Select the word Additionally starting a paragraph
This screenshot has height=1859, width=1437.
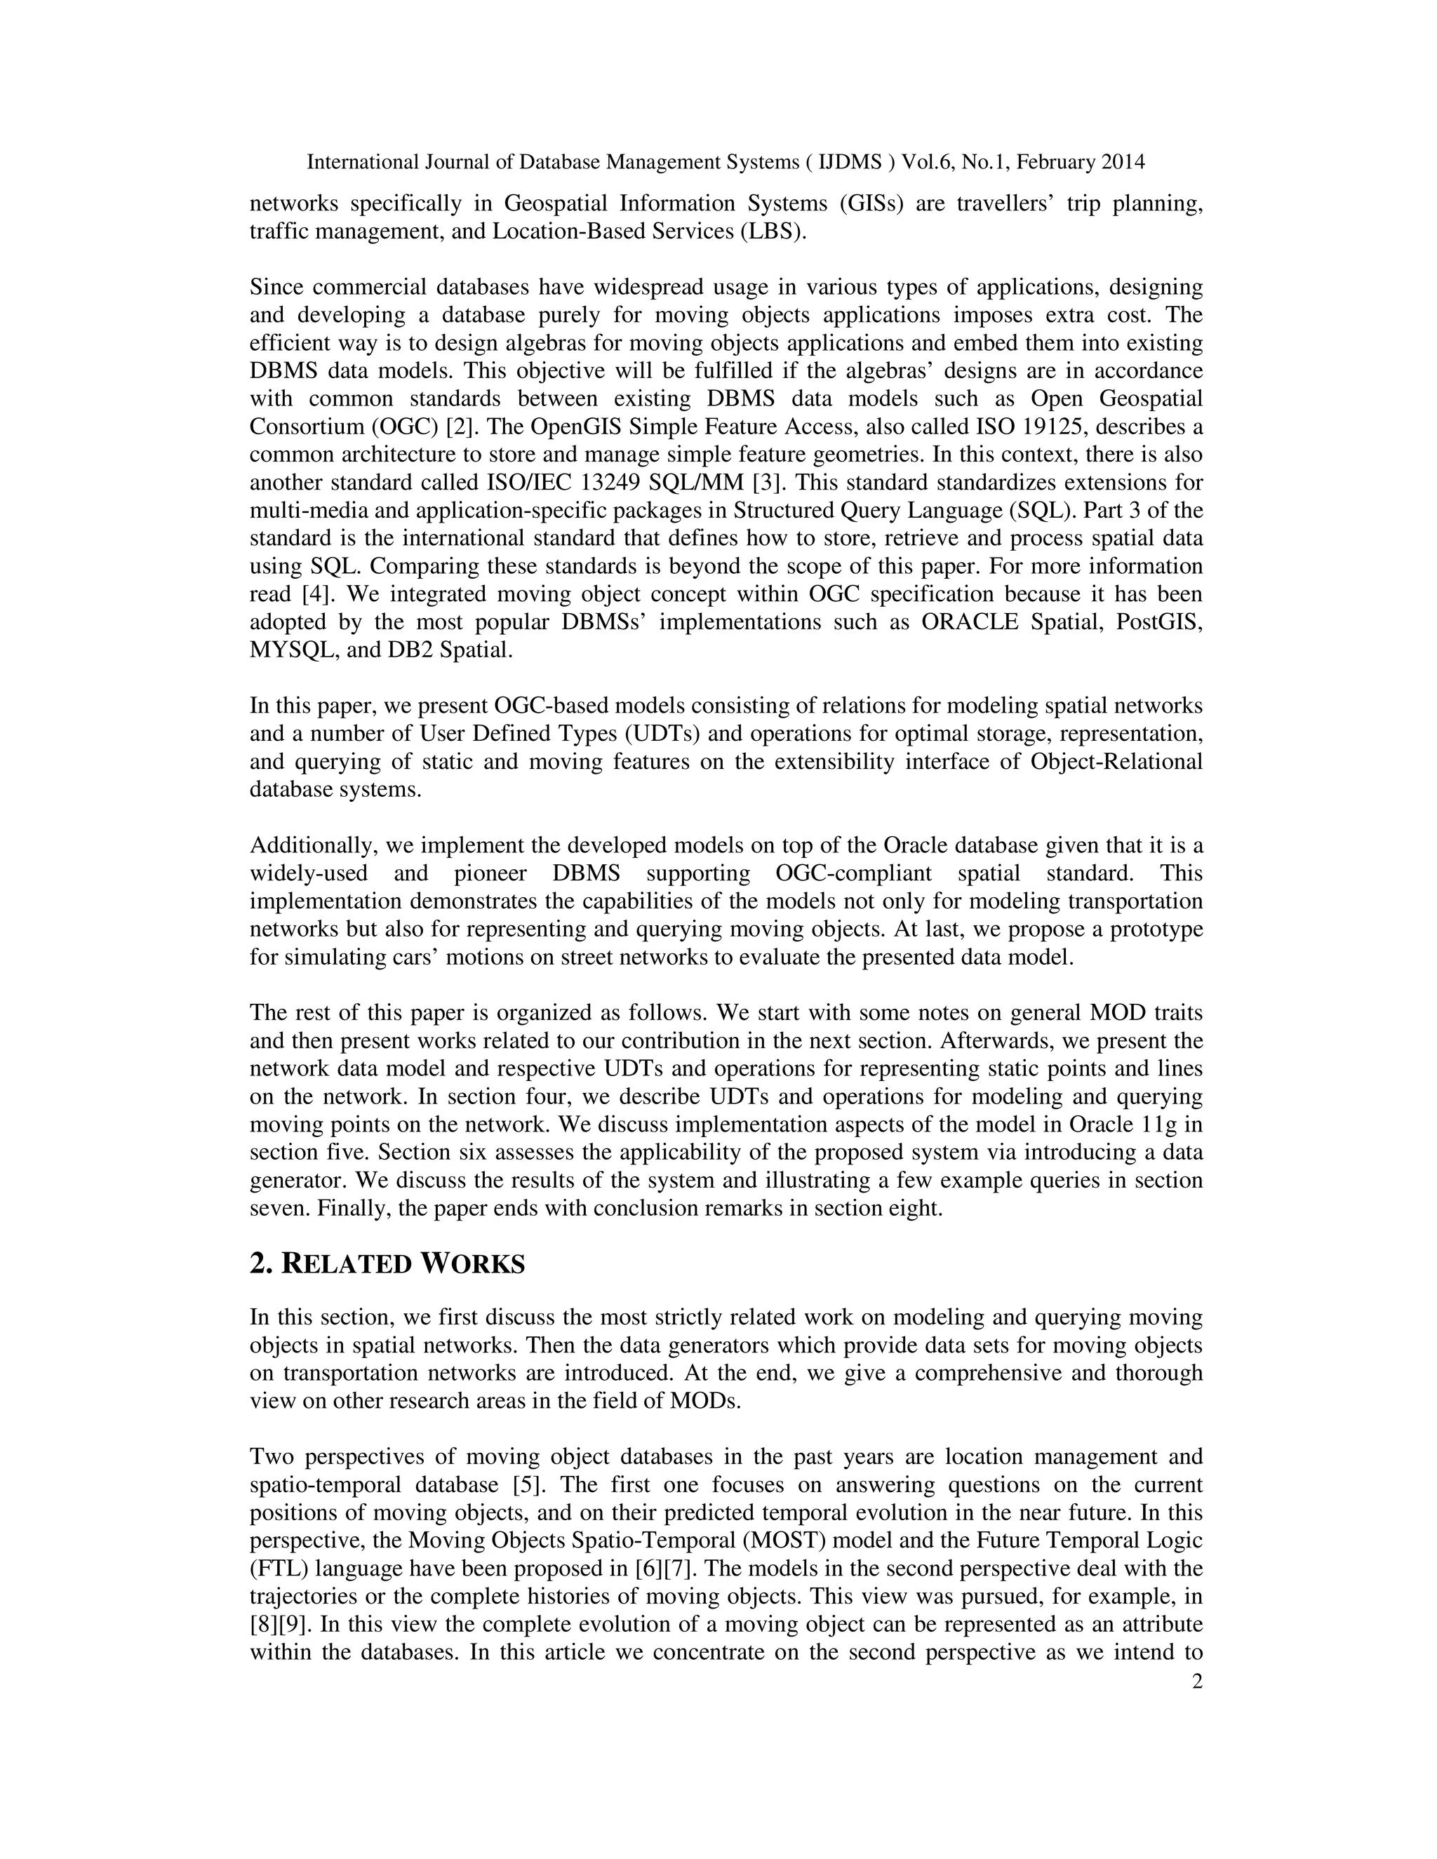312,846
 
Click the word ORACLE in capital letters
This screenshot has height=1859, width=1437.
970,622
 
